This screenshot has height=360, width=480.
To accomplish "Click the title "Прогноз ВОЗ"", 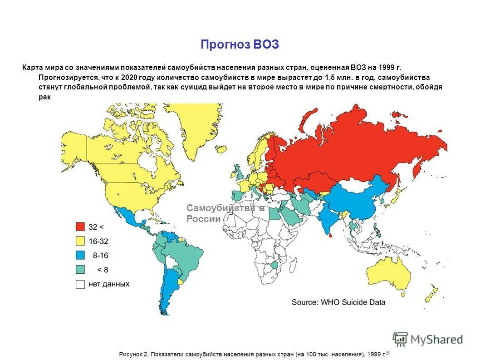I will click(240, 45).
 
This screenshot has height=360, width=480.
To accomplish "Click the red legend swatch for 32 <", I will click(80, 227).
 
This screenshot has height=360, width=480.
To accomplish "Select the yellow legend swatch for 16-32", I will click(80, 241).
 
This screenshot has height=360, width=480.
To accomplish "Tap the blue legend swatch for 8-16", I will click(80, 255).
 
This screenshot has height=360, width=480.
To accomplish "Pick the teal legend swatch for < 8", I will click(80, 270).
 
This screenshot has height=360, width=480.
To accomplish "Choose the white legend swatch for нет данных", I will click(80, 284).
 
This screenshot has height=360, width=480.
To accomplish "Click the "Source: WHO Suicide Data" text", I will click(338, 302).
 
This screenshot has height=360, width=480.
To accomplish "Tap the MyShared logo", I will click(428, 339).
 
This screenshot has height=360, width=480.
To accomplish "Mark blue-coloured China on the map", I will click(358, 200).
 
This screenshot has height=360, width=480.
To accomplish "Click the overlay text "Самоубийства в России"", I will click(225, 213).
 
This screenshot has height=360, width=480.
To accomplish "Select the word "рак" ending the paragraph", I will click(44, 96).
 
